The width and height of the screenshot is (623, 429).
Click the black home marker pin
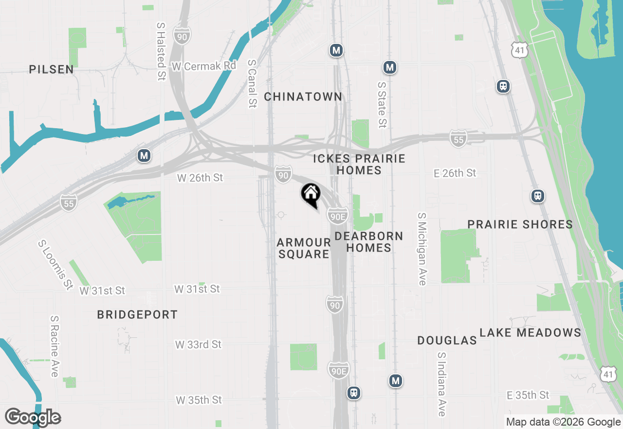[x=311, y=195]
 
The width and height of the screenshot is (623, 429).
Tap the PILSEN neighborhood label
[x=52, y=69]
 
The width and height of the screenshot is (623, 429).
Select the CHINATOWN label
[x=303, y=97]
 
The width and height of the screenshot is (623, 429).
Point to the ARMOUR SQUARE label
[x=304, y=248]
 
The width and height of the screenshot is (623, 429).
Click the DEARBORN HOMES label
[x=369, y=242]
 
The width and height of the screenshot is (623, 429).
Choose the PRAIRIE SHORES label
[x=520, y=224]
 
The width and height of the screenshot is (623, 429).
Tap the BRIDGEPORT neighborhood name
[x=137, y=314]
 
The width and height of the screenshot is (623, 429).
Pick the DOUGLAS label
[x=447, y=340]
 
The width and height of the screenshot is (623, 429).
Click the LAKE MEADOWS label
[x=530, y=332]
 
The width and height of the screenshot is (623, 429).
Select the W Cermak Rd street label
[x=203, y=65]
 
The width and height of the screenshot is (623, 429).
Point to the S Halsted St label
[x=161, y=51]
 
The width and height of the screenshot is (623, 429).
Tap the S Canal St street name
[x=252, y=83]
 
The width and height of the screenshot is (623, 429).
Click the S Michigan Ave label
[x=422, y=249]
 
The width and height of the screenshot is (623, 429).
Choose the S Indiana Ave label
[x=441, y=384]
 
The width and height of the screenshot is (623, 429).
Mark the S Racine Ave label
[x=54, y=346]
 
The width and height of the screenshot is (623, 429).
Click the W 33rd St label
[x=198, y=345]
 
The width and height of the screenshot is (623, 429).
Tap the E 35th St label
[x=528, y=395]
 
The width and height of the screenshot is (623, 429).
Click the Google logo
[x=33, y=417]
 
